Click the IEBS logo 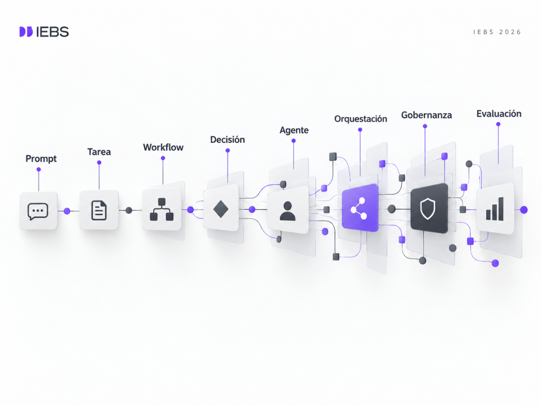click(44, 32)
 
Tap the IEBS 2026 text click(497, 32)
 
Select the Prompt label click(41, 159)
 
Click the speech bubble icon click(38, 211)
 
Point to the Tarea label click(99, 152)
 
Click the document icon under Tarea click(99, 210)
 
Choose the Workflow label click(163, 148)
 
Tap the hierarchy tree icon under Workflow click(162, 209)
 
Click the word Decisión click(227, 139)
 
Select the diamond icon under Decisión click(221, 209)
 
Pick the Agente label click(294, 131)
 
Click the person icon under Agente click(287, 211)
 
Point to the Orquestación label click(360, 119)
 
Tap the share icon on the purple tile click(359, 208)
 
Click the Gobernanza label click(426, 115)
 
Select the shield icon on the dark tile click(427, 208)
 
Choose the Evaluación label click(499, 114)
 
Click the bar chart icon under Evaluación click(495, 209)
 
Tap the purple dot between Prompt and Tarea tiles click(67, 211)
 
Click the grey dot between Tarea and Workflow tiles click(129, 210)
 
